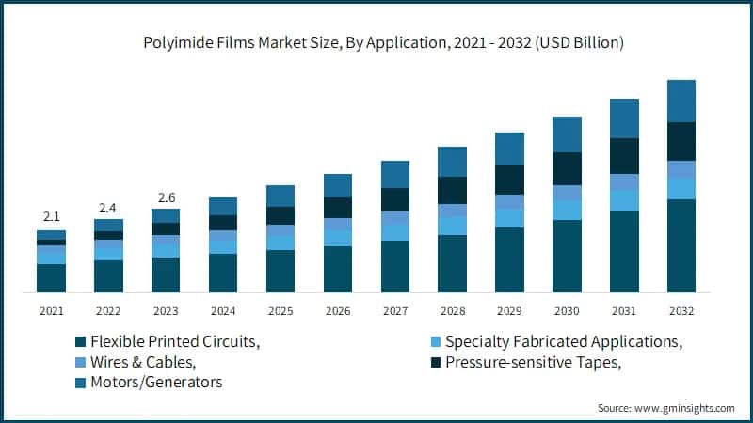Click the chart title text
coord(376,43)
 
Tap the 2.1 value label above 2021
coord(51,216)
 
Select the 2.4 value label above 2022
coord(108,207)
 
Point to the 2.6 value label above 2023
coord(166,197)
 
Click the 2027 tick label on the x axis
coord(395,310)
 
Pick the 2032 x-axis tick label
coord(681,310)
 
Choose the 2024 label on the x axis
coord(223,310)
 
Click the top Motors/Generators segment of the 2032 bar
coord(681,101)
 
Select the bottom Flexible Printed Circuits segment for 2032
coord(681,245)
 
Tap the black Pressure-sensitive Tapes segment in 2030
coord(567,168)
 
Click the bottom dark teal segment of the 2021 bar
coord(51,277)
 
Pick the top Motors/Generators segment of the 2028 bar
coord(452,162)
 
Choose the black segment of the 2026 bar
coord(338,208)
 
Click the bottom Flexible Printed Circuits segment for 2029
coord(509,259)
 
